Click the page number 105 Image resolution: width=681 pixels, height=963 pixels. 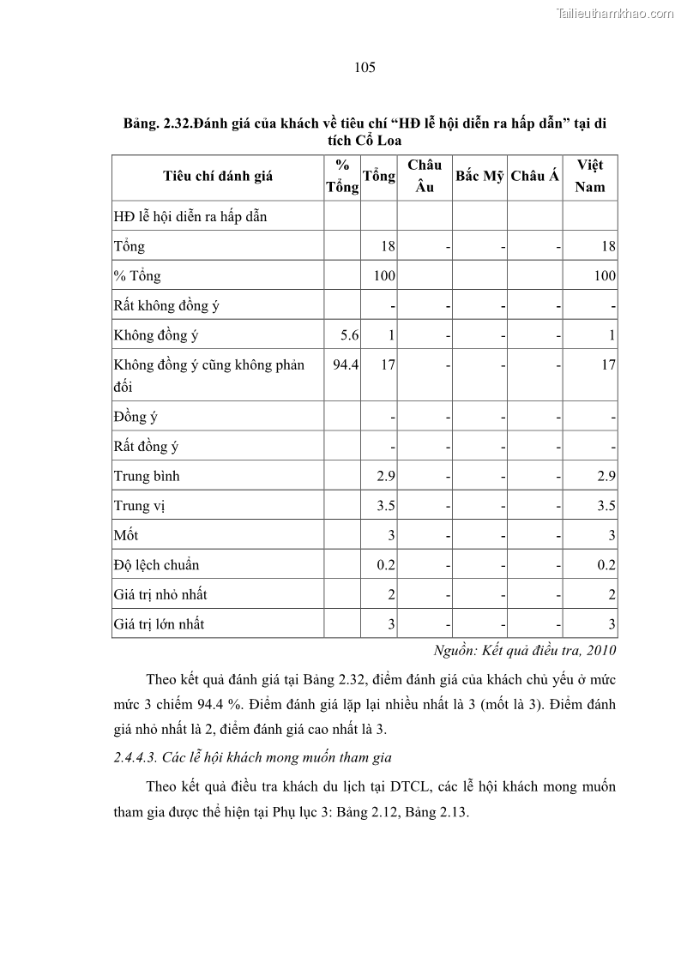(x=365, y=68)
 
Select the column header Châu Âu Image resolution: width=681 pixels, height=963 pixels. (x=425, y=176)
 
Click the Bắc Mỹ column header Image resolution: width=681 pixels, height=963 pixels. (x=479, y=177)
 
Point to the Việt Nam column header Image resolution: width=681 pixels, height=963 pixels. (x=590, y=176)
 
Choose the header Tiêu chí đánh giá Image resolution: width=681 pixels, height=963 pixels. (x=218, y=177)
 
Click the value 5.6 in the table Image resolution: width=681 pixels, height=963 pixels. (x=349, y=335)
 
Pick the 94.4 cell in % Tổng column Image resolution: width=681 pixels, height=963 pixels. (x=346, y=364)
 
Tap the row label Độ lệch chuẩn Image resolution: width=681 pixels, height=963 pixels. (x=156, y=565)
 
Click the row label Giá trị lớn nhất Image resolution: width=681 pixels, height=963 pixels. (x=159, y=624)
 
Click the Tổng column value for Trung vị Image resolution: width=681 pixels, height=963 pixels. (x=386, y=506)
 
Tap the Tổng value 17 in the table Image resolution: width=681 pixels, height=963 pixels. (x=388, y=364)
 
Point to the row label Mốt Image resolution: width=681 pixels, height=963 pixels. (x=126, y=535)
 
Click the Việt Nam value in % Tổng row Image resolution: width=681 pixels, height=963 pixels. (x=604, y=276)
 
